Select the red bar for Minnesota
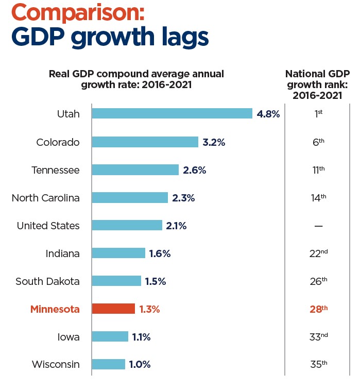tap(113, 309)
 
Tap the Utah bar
tap(172, 113)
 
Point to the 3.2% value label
tap(214, 142)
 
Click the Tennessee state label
tap(56, 169)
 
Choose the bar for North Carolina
tap(130, 197)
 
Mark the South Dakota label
tap(47, 281)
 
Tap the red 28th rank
tap(318, 309)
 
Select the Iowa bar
tap(110, 336)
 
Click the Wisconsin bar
tap(109, 364)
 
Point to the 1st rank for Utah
tap(318, 114)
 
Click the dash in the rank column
tap(318, 226)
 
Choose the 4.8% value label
tap(268, 114)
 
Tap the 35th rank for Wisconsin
tap(318, 364)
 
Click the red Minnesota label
tap(55, 309)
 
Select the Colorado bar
tap(145, 142)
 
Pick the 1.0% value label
tap(140, 364)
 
